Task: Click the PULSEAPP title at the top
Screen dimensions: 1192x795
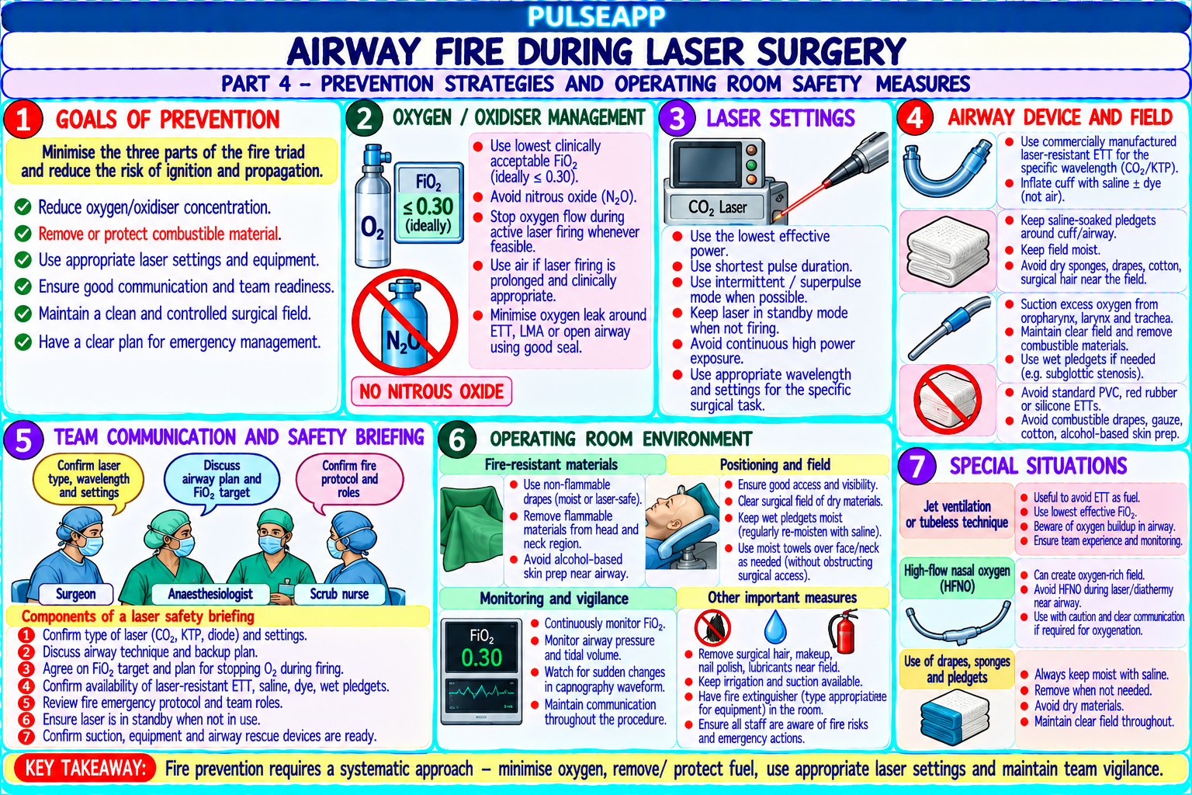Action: (x=596, y=16)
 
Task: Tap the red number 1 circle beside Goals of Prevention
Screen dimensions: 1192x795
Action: (x=23, y=120)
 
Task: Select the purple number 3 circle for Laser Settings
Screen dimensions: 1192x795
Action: (x=677, y=118)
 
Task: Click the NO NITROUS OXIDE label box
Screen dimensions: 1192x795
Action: (x=431, y=391)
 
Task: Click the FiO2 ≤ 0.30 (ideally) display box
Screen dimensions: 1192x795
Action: (x=429, y=203)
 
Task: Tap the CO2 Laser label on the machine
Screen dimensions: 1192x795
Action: (x=717, y=207)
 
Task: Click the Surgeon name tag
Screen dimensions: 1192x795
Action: (x=75, y=594)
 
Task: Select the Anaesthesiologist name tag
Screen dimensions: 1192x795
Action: (x=210, y=594)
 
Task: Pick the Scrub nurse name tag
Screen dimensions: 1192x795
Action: (x=339, y=594)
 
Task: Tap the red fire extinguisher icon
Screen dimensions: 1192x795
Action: (x=844, y=631)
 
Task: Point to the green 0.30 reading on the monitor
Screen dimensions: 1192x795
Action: (x=482, y=658)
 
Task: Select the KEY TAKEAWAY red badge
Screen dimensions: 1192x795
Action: (x=85, y=769)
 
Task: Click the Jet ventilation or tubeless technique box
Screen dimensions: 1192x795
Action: (x=957, y=515)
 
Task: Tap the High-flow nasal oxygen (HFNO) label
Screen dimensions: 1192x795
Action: (x=957, y=578)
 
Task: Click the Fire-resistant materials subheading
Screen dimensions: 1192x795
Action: (x=551, y=465)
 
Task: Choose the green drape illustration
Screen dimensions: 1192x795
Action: (x=472, y=528)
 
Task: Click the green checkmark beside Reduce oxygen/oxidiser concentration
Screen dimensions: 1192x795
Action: (x=23, y=207)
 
